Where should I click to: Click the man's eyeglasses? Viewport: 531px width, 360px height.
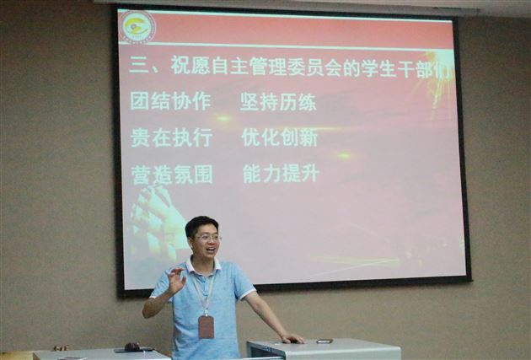(206, 238)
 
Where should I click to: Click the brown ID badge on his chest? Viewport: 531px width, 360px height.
(206, 326)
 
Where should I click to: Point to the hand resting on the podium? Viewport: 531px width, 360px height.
(292, 338)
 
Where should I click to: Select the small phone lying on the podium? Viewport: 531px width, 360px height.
(324, 341)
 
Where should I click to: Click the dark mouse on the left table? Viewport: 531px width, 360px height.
(131, 346)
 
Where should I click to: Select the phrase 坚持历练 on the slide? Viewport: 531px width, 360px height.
(278, 103)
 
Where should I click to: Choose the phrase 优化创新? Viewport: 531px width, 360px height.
(279, 137)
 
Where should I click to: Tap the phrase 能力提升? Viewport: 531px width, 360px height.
(281, 174)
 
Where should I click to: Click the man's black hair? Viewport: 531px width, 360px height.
(201, 223)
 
